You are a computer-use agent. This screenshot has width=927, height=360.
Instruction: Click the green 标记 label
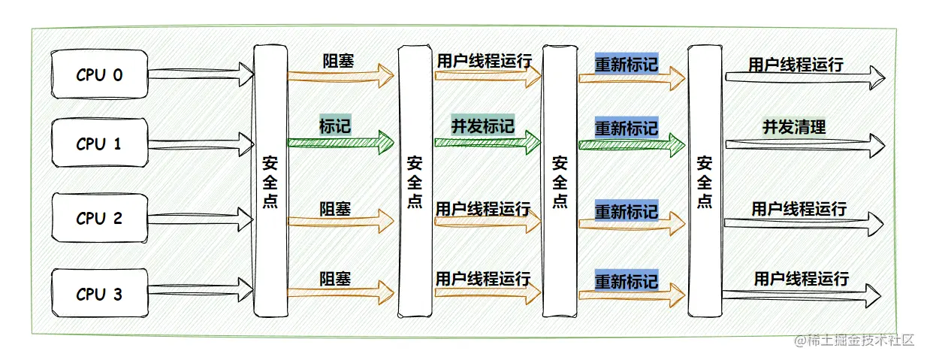(x=335, y=125)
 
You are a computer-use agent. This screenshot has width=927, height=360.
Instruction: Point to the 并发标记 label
(x=482, y=126)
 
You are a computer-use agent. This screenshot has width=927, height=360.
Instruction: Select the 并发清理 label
(x=794, y=127)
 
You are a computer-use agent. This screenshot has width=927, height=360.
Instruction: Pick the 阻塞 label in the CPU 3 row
(x=335, y=279)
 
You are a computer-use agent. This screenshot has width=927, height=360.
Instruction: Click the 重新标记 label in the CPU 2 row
(x=627, y=211)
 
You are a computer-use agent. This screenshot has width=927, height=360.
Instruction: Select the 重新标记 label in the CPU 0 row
(x=627, y=63)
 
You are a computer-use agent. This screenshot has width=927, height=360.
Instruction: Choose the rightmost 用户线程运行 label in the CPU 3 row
(x=802, y=279)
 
